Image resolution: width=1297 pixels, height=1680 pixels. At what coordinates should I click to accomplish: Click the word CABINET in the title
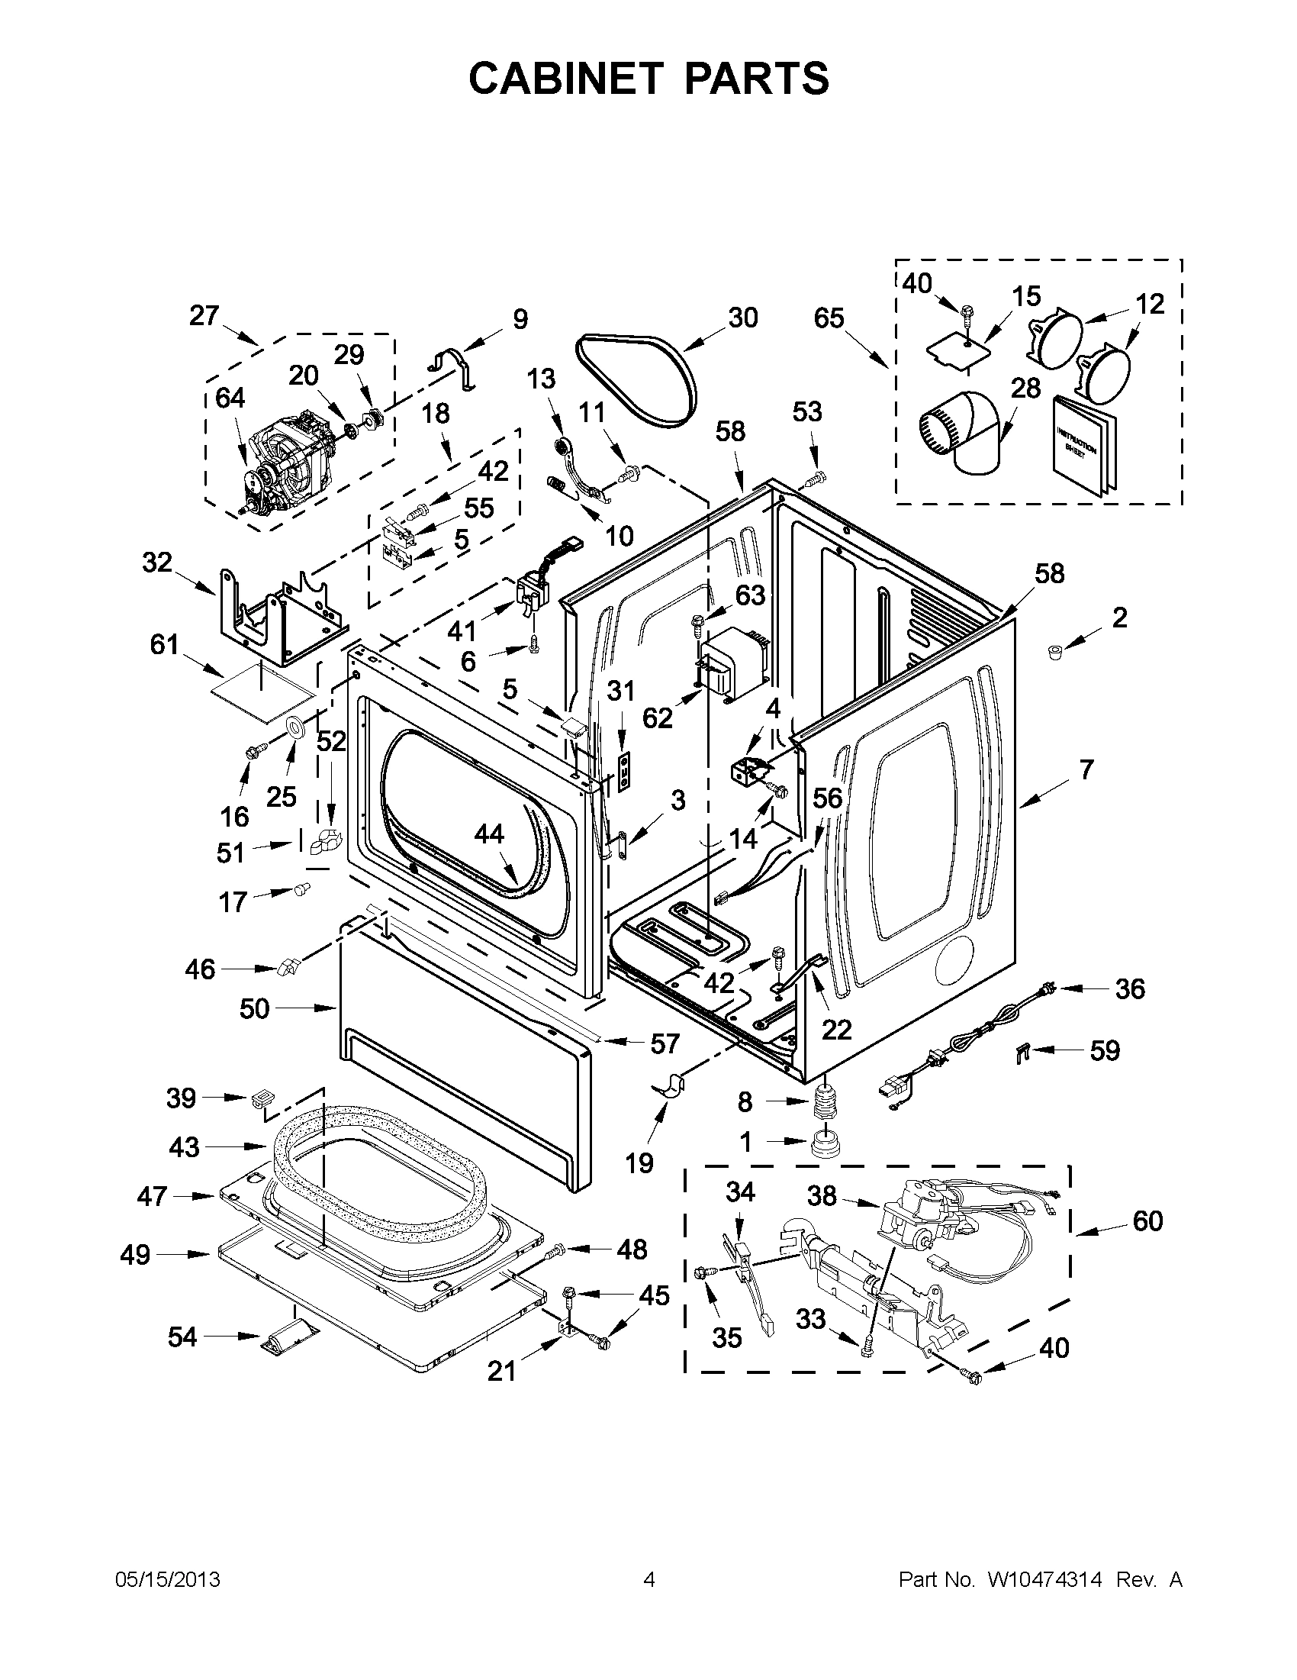(x=565, y=79)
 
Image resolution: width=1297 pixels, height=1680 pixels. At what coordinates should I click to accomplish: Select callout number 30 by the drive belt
(x=742, y=318)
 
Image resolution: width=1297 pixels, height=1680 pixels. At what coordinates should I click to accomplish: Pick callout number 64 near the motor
(x=230, y=398)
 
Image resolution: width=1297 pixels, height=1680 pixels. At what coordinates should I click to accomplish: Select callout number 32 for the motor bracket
(x=157, y=563)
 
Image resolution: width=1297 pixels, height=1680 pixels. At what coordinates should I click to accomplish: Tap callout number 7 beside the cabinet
(x=1086, y=769)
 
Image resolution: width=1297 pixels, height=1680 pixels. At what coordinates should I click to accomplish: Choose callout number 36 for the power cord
(x=1129, y=989)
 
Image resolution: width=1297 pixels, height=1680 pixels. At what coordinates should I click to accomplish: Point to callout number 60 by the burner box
(x=1147, y=1220)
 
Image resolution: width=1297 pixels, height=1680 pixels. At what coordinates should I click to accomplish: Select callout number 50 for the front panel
(x=255, y=1008)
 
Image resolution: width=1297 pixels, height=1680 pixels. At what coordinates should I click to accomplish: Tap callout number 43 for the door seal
(x=184, y=1147)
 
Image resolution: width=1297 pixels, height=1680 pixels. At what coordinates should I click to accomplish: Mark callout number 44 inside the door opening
(x=489, y=834)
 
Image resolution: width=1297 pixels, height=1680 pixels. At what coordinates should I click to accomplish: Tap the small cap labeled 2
(x=1054, y=653)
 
